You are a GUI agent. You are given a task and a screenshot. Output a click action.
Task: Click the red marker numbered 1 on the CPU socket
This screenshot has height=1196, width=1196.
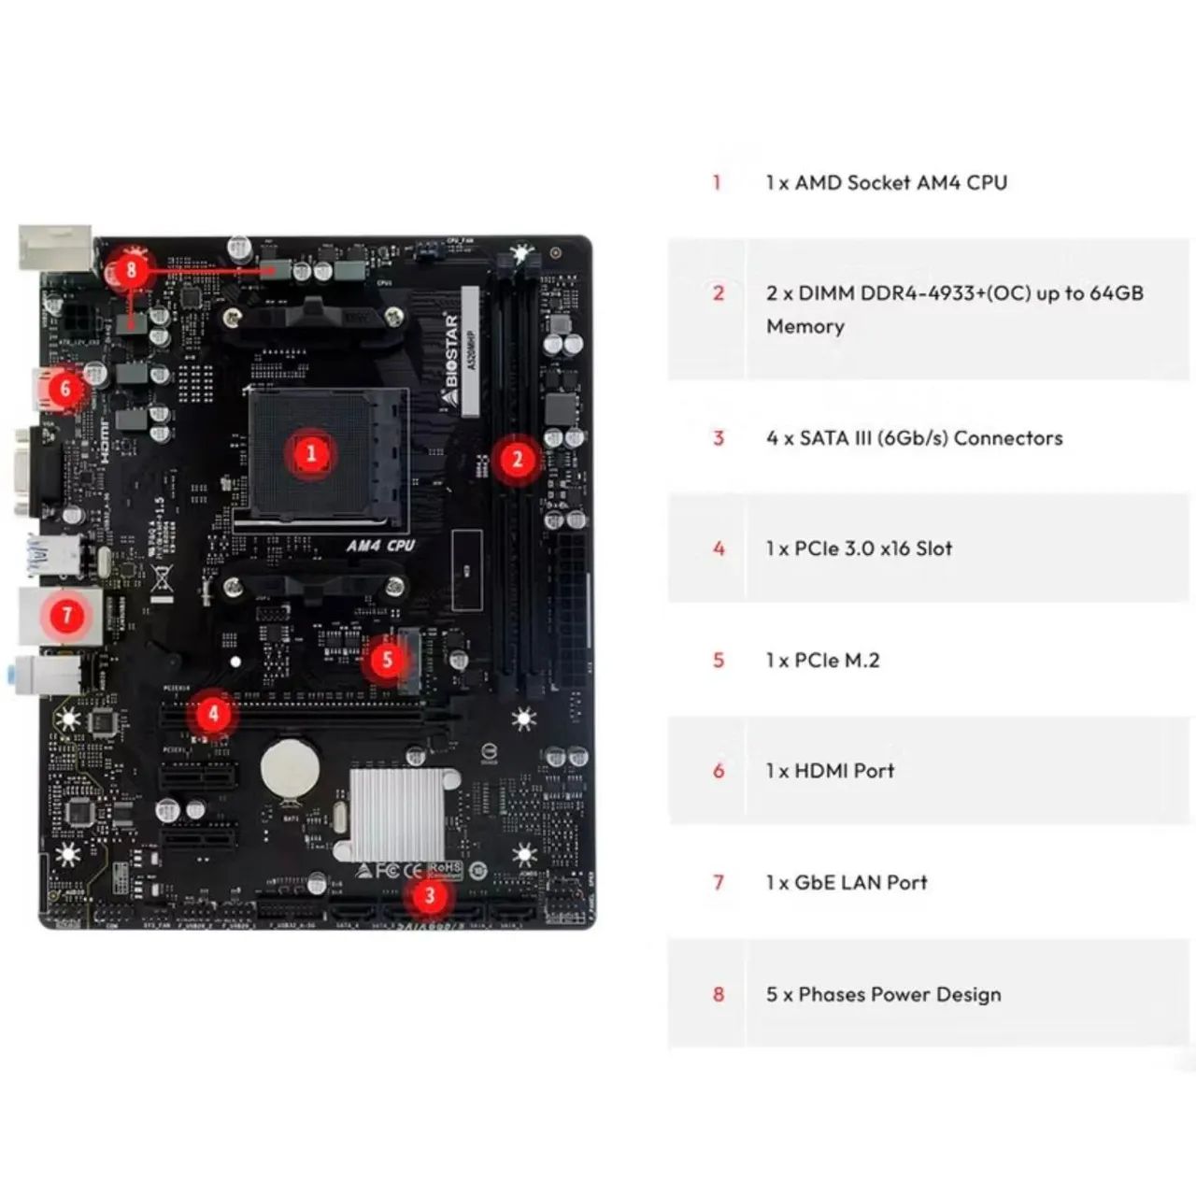[311, 454]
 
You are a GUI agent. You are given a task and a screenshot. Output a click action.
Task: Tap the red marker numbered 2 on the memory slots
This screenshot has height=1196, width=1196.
[517, 459]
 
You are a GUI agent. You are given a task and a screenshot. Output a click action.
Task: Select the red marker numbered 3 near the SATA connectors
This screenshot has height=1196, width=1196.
[429, 896]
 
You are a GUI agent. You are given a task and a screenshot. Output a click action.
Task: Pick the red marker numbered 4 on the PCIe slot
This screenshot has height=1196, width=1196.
[213, 714]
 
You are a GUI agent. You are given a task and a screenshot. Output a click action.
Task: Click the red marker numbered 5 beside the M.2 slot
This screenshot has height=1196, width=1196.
[387, 661]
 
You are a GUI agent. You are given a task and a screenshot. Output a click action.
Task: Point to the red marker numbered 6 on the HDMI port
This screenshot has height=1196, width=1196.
[64, 387]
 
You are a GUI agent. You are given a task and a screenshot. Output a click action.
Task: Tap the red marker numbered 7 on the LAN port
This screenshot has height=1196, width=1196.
[66, 615]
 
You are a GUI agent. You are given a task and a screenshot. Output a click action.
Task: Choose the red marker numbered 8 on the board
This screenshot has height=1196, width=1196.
[131, 271]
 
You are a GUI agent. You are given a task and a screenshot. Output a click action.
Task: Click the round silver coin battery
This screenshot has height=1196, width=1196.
[290, 768]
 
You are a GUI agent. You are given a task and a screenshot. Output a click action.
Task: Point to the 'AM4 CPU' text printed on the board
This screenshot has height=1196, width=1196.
[380, 545]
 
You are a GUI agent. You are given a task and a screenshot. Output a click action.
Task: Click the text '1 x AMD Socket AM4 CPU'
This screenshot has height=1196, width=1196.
[886, 182]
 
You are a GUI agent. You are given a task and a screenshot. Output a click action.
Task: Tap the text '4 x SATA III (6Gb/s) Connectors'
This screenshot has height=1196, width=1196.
[914, 437]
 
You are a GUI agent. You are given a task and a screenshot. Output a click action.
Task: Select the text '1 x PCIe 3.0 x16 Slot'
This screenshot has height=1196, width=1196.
[859, 548]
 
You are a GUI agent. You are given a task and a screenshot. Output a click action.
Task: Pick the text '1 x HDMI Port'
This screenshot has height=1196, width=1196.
[830, 771]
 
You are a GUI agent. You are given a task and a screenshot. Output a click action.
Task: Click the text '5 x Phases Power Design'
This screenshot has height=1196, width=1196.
[883, 994]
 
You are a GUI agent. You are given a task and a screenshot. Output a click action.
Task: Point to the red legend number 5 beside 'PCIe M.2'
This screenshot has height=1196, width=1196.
[719, 661]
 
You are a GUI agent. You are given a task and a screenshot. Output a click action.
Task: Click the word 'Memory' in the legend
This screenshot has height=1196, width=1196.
[804, 326]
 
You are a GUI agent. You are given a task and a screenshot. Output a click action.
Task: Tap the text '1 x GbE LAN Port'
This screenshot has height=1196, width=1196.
[847, 882]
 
